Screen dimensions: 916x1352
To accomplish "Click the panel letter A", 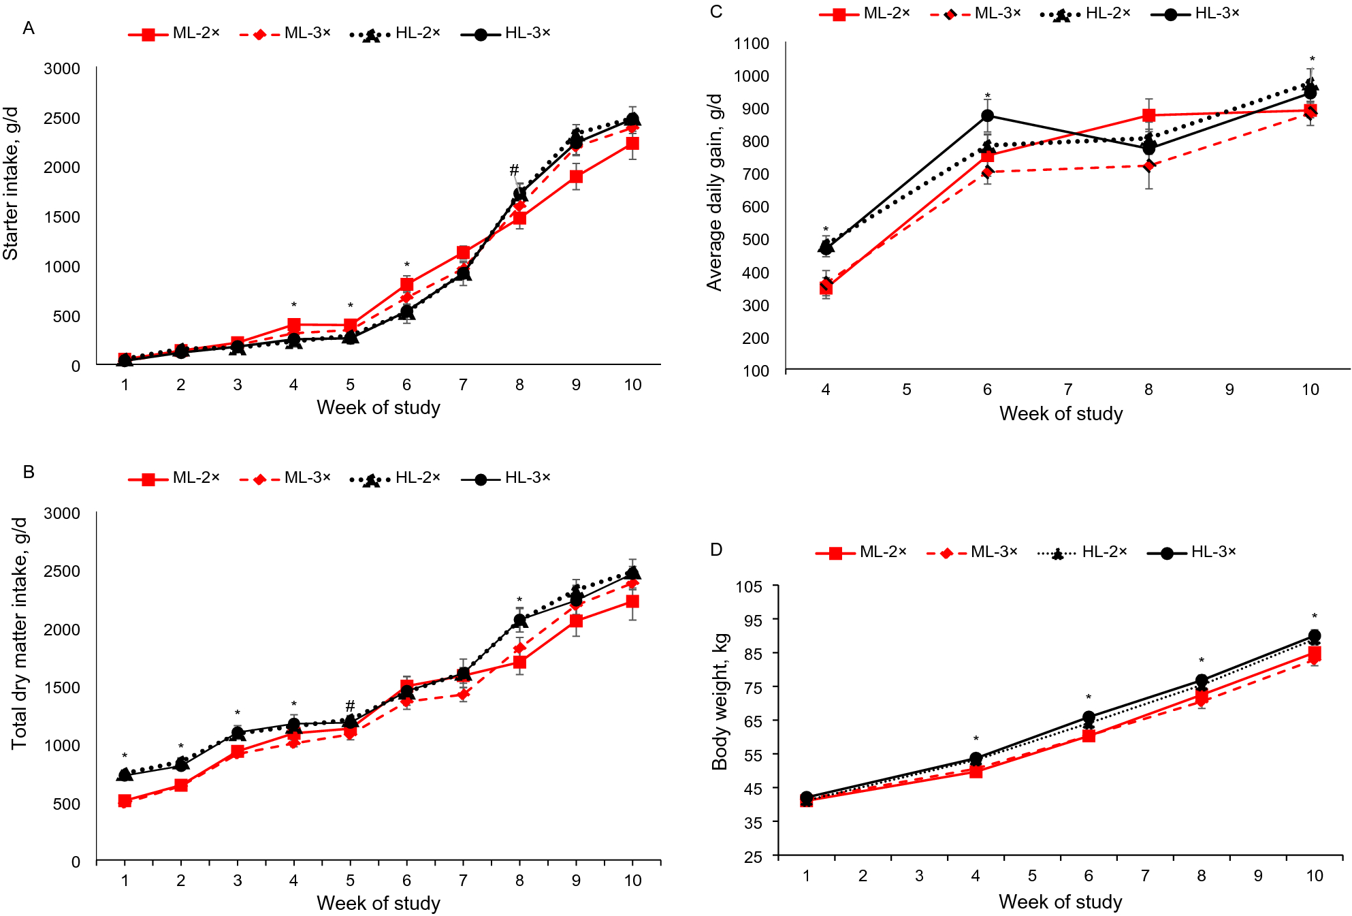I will [28, 28].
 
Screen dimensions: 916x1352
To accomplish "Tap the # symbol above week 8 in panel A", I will [514, 170].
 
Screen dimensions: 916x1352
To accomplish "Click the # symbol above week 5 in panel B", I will [350, 706].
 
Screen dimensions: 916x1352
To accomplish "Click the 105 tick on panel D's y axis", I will [748, 586].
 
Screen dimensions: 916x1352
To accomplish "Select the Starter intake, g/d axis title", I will [11, 183].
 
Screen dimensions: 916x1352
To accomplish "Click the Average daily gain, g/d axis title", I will [714, 193].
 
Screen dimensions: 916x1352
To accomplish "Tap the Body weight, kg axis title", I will [720, 701].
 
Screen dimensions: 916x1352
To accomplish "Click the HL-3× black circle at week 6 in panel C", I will [987, 116].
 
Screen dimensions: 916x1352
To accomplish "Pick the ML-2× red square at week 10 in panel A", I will [632, 144].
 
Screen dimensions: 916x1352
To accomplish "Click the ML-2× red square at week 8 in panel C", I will [1148, 115].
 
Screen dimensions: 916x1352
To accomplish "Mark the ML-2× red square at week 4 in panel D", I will [976, 772].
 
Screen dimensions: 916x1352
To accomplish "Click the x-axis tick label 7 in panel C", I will [1067, 390].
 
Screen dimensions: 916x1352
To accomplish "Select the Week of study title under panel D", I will [1060, 902].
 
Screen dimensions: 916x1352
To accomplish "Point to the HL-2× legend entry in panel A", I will [396, 33].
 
